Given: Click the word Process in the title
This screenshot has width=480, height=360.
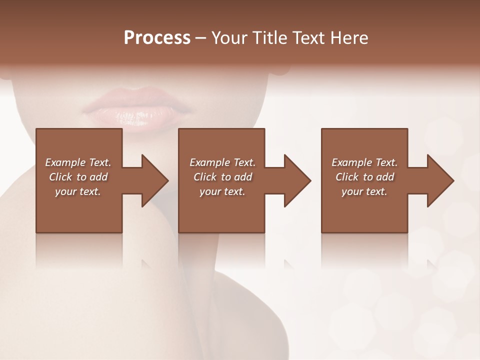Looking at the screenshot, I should click(157, 38).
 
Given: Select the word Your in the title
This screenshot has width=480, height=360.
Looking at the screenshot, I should click(229, 38).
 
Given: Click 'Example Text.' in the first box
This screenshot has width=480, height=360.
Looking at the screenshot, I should click(78, 162).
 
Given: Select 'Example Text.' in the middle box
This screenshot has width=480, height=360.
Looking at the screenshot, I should click(222, 162).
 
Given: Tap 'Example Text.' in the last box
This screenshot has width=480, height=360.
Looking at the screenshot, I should click(364, 162).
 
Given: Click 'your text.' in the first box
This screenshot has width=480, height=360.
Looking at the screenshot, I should click(78, 191).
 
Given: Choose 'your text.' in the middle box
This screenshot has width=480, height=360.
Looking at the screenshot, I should click(222, 191).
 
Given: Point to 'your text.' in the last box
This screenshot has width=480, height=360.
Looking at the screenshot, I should click(364, 191).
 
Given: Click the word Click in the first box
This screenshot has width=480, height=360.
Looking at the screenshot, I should click(61, 177).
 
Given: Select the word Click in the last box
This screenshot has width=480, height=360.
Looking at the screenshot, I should click(347, 177).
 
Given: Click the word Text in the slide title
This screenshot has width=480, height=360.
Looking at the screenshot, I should click(306, 38).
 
